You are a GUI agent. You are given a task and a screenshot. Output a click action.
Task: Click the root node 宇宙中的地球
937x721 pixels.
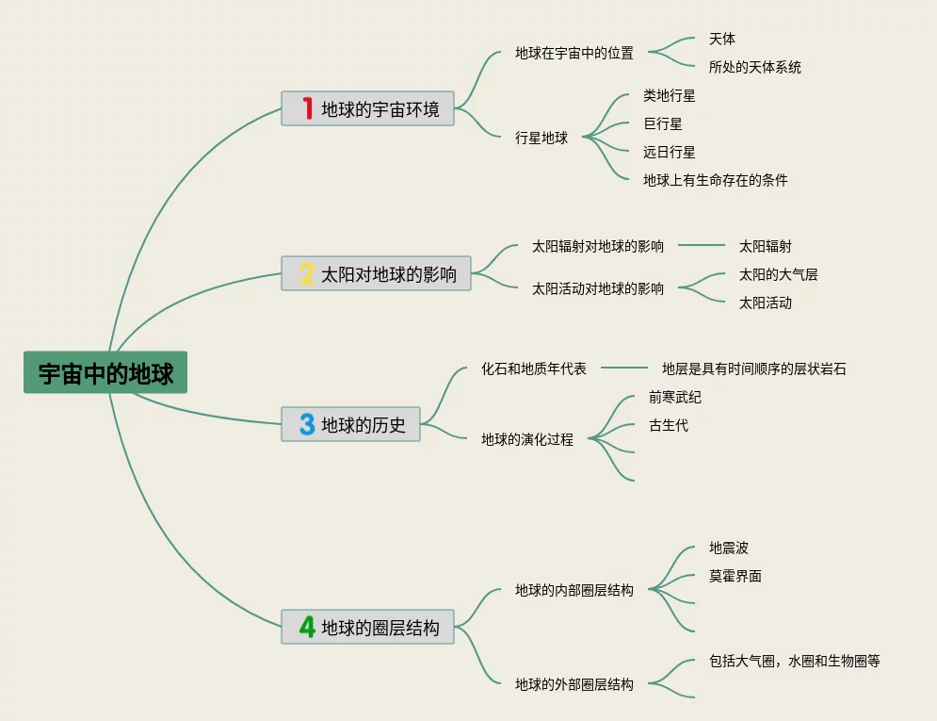[105, 372]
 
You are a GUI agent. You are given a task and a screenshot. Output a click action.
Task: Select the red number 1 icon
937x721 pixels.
[307, 108]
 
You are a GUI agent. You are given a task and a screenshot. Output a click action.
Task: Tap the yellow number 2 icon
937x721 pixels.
[307, 273]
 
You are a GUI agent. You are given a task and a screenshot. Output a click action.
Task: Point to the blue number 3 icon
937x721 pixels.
[307, 424]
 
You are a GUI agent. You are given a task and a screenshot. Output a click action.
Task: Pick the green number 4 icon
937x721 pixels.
[307, 627]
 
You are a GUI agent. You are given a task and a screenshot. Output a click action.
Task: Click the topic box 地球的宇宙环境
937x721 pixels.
[367, 108]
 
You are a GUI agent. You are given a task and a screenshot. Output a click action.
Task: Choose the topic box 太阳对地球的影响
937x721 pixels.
[376, 273]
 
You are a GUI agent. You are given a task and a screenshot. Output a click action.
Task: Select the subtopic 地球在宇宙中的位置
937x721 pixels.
[574, 53]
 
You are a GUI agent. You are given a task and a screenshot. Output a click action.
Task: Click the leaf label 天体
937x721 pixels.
[722, 39]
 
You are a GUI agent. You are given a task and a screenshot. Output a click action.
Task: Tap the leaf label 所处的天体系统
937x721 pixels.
[755, 67]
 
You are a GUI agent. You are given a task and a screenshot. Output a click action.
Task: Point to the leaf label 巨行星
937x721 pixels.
[663, 123]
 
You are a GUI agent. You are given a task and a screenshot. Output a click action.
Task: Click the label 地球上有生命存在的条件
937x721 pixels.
[716, 180]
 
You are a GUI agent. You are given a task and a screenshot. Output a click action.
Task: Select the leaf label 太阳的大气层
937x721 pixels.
[779, 274]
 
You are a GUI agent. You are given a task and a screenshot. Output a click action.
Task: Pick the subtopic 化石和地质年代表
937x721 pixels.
[534, 369]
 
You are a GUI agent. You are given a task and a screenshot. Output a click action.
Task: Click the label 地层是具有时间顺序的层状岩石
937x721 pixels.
[754, 369]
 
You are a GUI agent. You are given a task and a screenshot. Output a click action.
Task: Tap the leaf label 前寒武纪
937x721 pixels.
[675, 397]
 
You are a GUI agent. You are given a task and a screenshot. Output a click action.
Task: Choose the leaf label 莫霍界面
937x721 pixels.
[735, 576]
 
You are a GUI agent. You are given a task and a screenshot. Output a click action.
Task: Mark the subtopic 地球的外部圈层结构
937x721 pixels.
[574, 684]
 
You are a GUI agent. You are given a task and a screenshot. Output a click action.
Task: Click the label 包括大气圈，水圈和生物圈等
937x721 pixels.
[795, 661]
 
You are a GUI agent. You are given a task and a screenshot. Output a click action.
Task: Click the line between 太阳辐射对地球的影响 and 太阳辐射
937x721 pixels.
[702, 246]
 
